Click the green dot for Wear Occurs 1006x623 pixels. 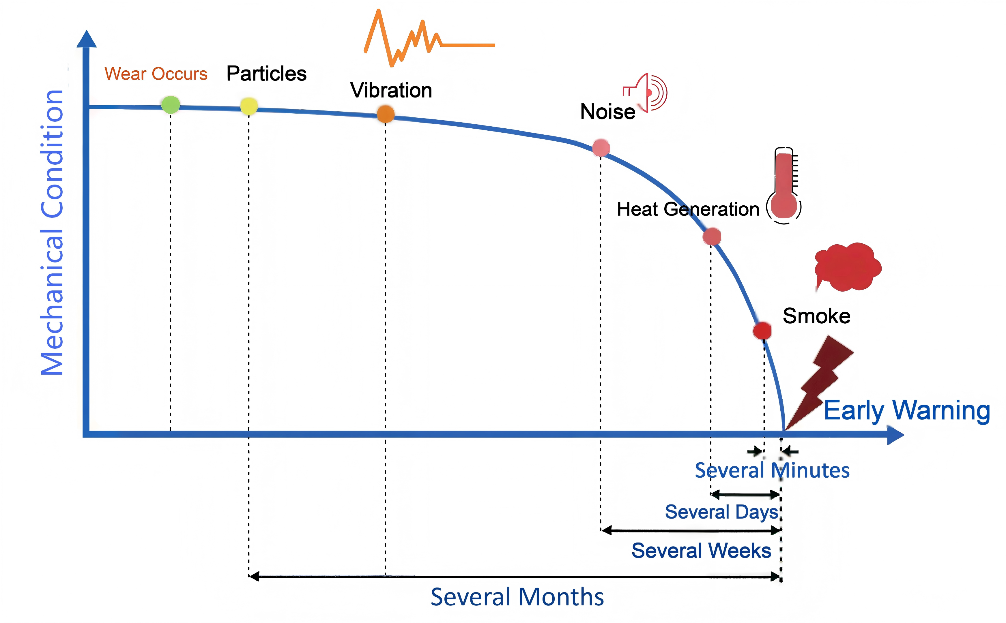[170, 105]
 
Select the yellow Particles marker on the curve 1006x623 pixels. [249, 106]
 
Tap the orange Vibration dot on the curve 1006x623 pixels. [386, 114]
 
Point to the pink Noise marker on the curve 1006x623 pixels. [601, 147]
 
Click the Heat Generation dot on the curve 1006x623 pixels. [712, 237]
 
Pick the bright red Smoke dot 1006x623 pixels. [762, 331]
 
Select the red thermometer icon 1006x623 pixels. [784, 185]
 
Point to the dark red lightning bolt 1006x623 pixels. [820, 381]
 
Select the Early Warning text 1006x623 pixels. [907, 410]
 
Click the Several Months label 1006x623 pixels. [517, 597]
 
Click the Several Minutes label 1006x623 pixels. [772, 470]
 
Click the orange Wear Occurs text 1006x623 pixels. [156, 74]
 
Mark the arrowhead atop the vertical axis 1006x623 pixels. [87, 39]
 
